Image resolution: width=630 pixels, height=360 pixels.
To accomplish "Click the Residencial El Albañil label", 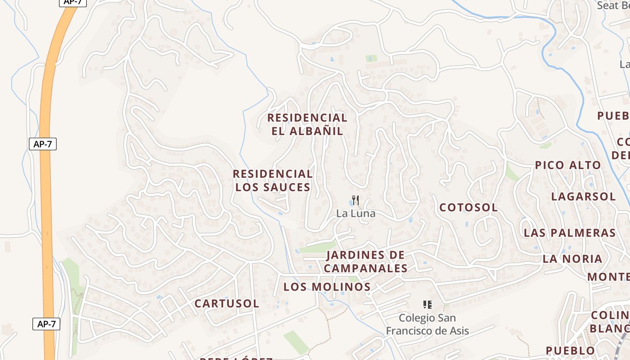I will coord(307,124).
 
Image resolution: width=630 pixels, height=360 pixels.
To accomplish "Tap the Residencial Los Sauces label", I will coord(273,180).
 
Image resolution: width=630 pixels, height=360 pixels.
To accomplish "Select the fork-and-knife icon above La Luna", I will coord(355,200).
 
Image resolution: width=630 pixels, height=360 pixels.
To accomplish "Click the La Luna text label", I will coord(355,213).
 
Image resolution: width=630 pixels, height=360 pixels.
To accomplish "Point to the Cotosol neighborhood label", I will coord(468,207).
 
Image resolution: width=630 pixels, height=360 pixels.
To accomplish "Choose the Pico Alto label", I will coord(567,165).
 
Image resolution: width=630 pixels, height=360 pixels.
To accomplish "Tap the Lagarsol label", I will coord(583,197).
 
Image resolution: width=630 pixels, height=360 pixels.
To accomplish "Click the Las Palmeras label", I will coord(569,233).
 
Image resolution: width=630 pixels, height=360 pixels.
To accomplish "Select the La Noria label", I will coord(572,259).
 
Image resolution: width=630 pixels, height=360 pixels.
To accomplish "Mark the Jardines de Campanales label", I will coord(365,261).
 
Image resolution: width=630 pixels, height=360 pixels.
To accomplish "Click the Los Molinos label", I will coord(327,287).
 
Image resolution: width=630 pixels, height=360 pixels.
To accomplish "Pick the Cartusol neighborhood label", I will coord(227,304).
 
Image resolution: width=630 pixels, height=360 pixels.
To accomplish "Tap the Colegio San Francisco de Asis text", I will coord(427,324).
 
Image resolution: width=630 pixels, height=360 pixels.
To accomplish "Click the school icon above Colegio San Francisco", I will coord(427,305).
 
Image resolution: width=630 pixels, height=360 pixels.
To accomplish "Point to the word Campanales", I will coord(365,269).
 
